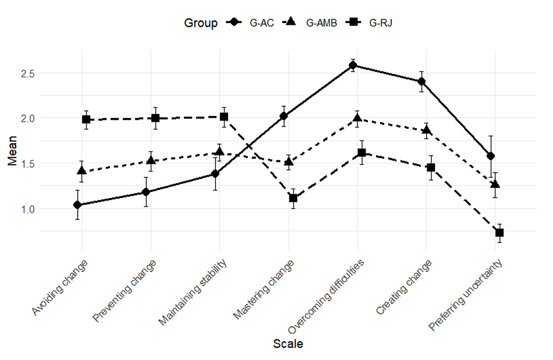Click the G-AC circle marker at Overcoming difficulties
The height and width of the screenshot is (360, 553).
353,65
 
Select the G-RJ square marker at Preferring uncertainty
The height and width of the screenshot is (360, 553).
500,233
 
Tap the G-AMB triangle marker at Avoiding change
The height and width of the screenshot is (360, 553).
82,171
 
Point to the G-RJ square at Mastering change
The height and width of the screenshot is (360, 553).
293,198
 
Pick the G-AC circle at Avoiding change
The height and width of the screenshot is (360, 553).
78,205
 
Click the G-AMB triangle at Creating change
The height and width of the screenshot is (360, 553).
427,130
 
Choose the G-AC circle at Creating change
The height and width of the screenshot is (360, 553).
422,81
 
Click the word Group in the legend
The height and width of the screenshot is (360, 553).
201,23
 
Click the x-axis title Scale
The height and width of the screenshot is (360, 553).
288,344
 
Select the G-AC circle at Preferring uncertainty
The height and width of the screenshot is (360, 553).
491,156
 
